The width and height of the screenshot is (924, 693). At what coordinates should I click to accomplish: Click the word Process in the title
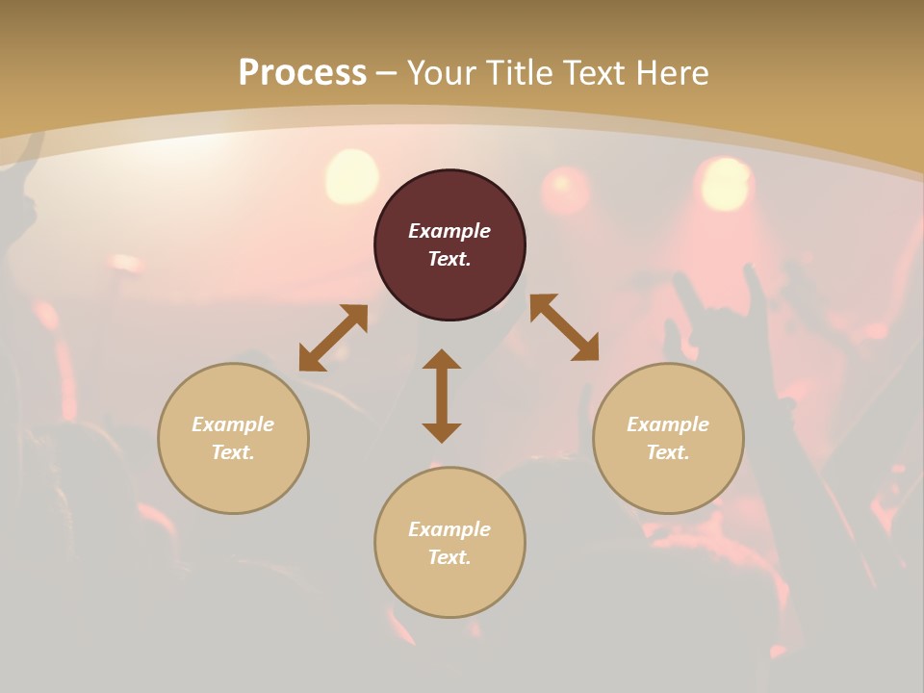pos(302,73)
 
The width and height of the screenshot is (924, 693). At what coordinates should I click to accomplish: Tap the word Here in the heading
pos(670,73)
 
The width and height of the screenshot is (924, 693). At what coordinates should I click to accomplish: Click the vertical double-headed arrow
pos(442,396)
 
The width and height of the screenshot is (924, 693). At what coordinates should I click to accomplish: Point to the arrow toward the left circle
pos(333,338)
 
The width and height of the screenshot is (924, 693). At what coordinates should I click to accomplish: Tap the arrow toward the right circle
pos(564,327)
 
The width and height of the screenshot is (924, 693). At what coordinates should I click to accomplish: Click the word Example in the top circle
pos(449,231)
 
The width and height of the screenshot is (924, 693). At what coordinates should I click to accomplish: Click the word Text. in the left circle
pos(233,452)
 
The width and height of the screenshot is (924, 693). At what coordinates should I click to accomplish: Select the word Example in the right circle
pos(668,424)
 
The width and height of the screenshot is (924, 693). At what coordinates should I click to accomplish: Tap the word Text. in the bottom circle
pos(449,557)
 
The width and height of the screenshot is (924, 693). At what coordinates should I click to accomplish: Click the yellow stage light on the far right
pos(726,183)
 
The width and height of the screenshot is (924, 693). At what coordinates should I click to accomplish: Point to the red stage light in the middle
pos(566,190)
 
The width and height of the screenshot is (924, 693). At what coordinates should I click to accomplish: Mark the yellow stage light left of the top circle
pos(351,176)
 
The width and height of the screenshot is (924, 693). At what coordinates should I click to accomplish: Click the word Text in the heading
pos(591,73)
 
